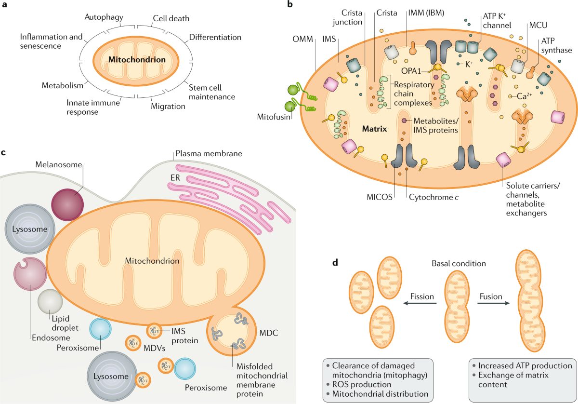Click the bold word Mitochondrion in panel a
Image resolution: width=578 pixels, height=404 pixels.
[x=137, y=60]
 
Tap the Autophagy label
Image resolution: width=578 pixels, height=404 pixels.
[x=104, y=17]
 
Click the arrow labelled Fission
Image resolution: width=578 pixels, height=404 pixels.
[x=420, y=303]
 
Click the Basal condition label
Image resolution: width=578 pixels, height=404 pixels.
[x=459, y=264]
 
